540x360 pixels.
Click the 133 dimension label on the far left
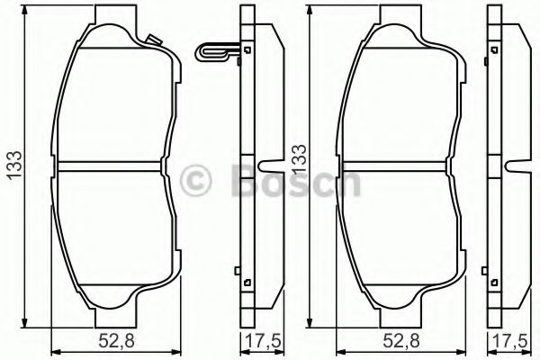tap(15, 165)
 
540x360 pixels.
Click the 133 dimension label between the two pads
tap(299, 158)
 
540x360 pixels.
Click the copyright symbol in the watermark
tap(195, 180)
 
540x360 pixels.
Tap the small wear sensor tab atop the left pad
tap(154, 40)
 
